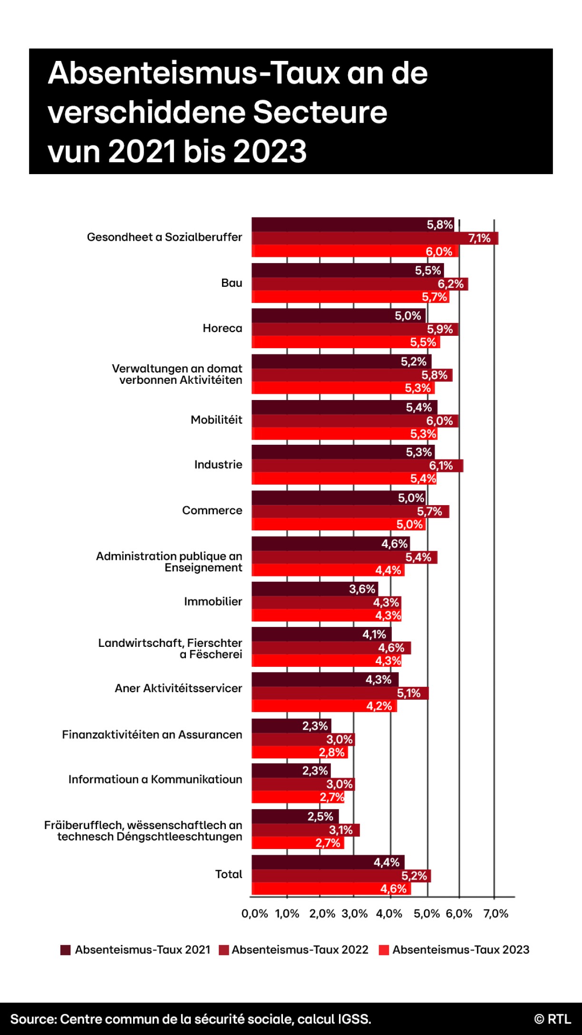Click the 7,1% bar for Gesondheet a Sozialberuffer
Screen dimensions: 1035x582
point(375,238)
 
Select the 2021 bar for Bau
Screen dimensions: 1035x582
point(347,271)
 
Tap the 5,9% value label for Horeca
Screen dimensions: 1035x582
point(440,329)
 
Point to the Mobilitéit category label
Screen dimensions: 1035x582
point(216,420)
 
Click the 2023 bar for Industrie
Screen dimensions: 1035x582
point(343,478)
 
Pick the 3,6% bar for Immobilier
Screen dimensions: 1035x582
point(315,589)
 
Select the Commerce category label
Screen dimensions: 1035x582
point(212,510)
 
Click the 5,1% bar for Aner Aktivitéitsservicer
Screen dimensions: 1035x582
point(340,693)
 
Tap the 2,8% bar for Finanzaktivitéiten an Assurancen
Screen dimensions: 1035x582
point(300,752)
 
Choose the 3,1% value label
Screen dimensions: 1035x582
point(341,830)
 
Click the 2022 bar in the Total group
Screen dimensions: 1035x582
point(341,876)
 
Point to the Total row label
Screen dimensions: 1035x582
point(229,874)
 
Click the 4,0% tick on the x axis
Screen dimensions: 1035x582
point(389,913)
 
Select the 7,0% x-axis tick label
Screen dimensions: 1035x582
point(495,913)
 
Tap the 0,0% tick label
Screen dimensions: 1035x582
point(255,913)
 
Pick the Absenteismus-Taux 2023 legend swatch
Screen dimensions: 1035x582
point(384,950)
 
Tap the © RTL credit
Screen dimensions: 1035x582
point(552,1019)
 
